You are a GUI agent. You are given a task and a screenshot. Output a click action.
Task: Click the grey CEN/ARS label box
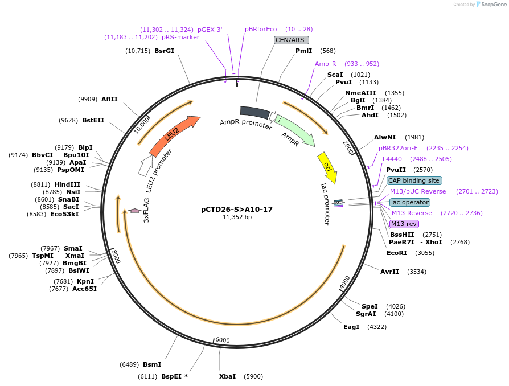pos(291,40)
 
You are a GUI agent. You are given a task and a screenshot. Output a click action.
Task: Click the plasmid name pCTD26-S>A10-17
pos(237,209)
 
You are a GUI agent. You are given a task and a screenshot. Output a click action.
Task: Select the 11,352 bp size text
pos(237,217)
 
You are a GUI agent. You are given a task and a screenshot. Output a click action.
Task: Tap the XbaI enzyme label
pos(227,376)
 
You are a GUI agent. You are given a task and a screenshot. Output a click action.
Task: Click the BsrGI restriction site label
pos(164,51)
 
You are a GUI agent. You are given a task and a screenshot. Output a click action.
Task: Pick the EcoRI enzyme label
pos(397,253)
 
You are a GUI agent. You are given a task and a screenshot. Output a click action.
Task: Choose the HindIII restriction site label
pos(67,184)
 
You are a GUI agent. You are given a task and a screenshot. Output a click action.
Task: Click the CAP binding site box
pos(414,180)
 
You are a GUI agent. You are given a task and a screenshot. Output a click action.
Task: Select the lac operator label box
pos(410,202)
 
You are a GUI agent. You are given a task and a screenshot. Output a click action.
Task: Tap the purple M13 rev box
pos(404,224)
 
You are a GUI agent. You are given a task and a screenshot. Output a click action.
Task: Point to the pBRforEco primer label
pos(261,29)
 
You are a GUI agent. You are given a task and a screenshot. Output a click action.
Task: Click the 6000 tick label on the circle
pos(223,340)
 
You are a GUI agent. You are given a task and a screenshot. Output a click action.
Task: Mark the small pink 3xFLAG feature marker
pos(134,211)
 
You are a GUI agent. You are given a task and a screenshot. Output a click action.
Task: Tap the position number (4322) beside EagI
pos(377,327)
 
